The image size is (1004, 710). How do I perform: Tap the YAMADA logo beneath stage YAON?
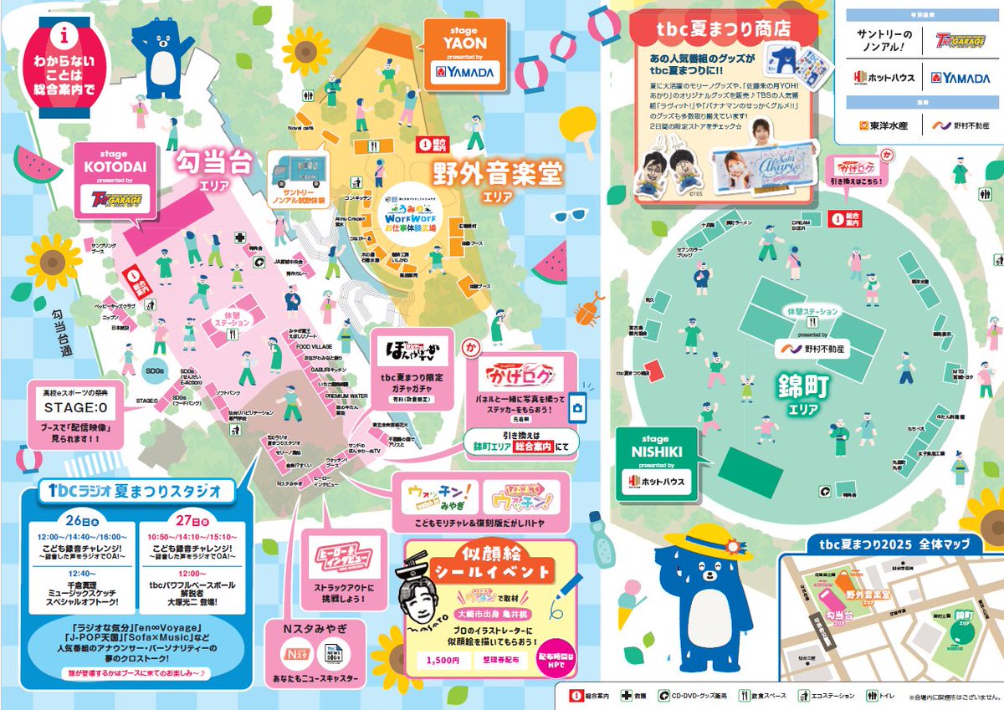tap(464, 74)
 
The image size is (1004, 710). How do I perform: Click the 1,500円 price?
tap(443, 659)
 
